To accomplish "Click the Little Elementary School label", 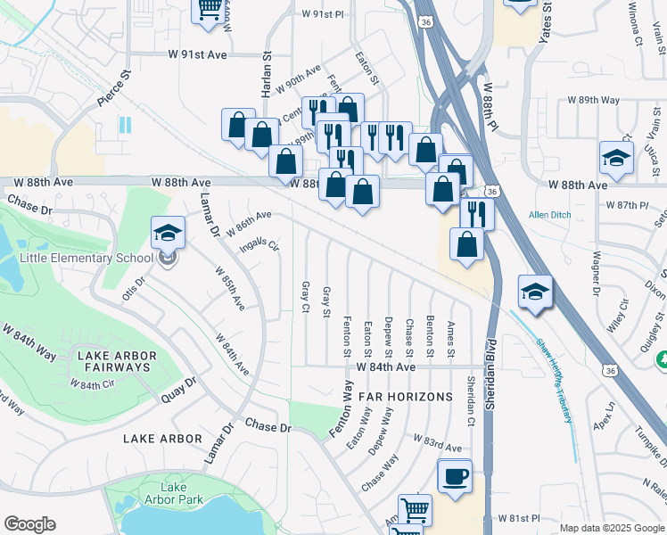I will pos(86,259).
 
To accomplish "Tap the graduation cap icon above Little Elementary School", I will pos(168,234).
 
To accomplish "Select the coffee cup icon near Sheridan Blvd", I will pos(455,475).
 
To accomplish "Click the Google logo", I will pos(29,524).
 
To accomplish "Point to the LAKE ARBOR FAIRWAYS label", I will pos(118,362).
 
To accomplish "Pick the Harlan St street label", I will pos(266,68).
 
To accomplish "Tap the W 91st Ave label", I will pos(197,54).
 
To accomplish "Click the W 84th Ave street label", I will pos(386,366).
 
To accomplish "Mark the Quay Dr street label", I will pos(178,390).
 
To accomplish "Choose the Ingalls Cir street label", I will pos(260,243).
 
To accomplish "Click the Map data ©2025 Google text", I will pos(612,527).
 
